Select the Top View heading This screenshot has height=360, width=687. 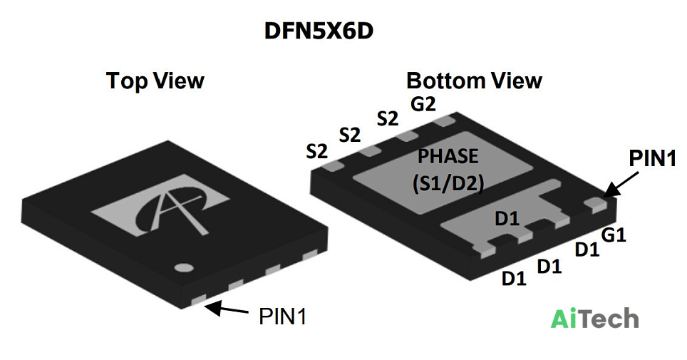(x=155, y=81)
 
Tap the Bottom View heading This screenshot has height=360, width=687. (x=474, y=81)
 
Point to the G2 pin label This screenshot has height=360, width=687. (x=423, y=104)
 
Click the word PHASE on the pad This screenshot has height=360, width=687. (x=448, y=156)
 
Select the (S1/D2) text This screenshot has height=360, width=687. (x=448, y=183)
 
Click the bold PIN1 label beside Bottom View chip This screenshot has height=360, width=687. (x=652, y=158)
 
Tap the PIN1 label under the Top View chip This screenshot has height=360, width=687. (x=283, y=316)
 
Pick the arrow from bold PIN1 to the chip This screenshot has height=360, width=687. (x=621, y=184)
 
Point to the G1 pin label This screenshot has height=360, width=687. (x=614, y=235)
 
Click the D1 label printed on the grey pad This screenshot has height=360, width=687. (x=507, y=218)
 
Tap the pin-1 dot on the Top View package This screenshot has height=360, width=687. (x=184, y=268)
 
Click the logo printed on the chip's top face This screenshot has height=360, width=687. (x=160, y=206)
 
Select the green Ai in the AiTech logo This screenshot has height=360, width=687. (x=564, y=319)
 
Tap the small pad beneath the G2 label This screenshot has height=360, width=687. (x=444, y=121)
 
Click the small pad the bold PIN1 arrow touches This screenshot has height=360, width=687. (x=596, y=203)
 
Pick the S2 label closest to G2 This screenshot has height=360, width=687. (x=388, y=118)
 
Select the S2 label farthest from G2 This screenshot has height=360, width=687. (x=316, y=151)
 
